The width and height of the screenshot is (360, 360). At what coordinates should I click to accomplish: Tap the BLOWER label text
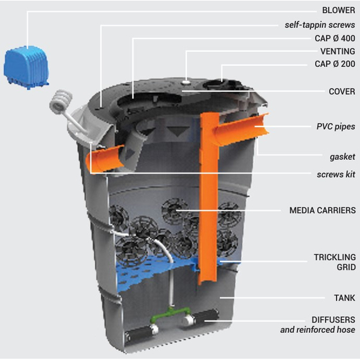coord(339,10)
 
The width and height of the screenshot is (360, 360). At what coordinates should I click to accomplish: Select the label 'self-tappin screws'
coord(320,25)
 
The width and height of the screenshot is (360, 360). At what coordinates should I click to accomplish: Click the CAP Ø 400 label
coord(335,38)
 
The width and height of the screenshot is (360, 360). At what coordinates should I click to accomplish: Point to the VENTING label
coord(338,51)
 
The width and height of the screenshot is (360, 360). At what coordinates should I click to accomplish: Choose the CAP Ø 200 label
coord(335,64)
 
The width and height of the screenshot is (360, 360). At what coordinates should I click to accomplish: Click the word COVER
coord(342,92)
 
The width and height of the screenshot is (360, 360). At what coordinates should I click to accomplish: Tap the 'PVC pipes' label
coord(335,126)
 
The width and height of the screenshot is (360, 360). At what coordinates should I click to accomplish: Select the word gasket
coord(342,157)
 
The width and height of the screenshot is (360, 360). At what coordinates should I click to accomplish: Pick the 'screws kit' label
coord(336,174)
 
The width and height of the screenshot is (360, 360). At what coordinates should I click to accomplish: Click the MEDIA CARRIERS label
coord(322,210)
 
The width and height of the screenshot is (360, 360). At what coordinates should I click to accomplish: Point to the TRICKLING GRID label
coord(335,262)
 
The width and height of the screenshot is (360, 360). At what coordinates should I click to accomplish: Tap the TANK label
coord(344,298)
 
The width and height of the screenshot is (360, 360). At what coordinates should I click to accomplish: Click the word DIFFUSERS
coord(333,320)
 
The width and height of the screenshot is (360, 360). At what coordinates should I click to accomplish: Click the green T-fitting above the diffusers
coord(171,314)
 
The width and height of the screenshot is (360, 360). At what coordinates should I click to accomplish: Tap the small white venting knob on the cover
coord(186,82)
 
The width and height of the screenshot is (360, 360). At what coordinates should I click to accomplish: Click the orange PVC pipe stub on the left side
coord(105,159)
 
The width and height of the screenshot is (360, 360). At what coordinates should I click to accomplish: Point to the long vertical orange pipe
coord(208,198)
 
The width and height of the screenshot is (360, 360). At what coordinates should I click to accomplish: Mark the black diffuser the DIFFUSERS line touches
coord(205,317)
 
